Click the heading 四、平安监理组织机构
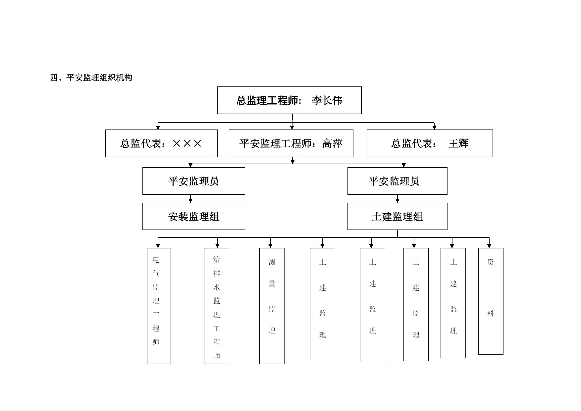[91, 77]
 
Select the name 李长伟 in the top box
[327, 101]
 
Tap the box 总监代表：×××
[161, 143]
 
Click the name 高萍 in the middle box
[332, 143]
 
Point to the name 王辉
[458, 143]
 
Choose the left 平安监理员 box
[194, 181]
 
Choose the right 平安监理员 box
[397, 181]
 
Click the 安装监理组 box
[194, 216]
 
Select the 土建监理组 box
[397, 216]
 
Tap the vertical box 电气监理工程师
[159, 306]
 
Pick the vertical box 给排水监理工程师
[217, 306]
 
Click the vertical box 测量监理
[272, 306]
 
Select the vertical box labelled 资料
[491, 301]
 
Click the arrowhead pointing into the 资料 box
[489, 246]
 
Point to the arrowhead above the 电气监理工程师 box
[158, 246]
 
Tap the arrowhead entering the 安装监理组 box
[190, 201]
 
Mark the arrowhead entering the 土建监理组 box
[397, 201]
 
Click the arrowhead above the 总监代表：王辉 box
[434, 128]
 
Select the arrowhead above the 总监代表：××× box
[158, 128]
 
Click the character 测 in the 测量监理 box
[272, 262]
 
